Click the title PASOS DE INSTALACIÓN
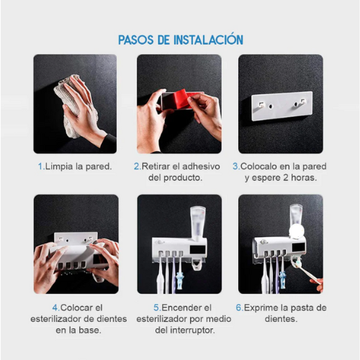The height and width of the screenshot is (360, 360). coord(180,40)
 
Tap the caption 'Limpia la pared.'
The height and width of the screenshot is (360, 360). coord(78,166)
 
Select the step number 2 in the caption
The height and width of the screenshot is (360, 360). coord(135,166)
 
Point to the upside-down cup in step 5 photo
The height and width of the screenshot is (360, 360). coord(197,220)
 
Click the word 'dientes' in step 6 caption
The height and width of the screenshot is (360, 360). coord(281,319)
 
